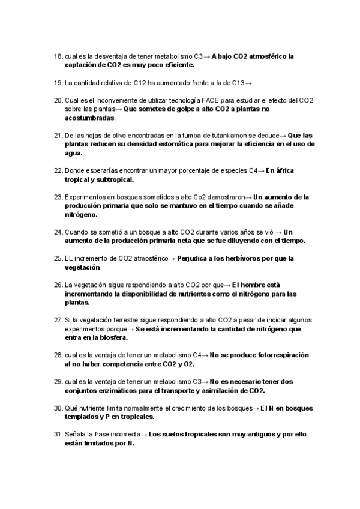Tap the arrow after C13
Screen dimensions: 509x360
(x=248, y=82)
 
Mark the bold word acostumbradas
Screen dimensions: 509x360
(x=89, y=118)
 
